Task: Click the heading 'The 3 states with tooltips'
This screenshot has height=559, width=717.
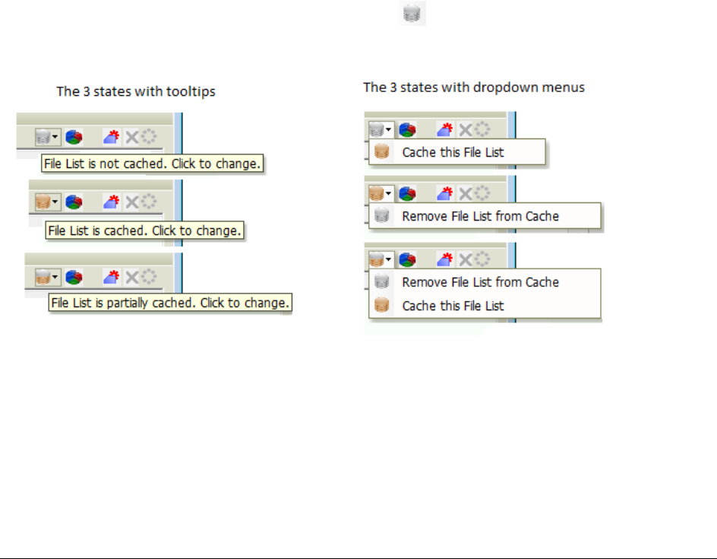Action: [x=136, y=92]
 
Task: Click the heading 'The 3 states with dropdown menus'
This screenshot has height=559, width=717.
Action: [x=474, y=87]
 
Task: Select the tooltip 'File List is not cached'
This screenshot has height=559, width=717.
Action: [x=153, y=164]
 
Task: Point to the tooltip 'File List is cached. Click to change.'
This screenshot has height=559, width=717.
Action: [x=144, y=230]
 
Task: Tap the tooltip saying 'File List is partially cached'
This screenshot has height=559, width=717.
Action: [x=170, y=303]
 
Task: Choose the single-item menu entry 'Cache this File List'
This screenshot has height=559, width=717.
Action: [x=453, y=152]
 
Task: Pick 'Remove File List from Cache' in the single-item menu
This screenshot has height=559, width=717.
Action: [x=480, y=216]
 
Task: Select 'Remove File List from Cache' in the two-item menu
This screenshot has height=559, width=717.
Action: [x=480, y=282]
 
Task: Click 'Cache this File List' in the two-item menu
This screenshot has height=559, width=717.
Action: [x=453, y=306]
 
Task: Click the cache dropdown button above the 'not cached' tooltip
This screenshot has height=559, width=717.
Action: [x=47, y=137]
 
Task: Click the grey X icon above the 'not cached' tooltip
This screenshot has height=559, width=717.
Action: [x=131, y=137]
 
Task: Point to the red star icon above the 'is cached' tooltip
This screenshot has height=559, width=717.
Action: [x=112, y=202]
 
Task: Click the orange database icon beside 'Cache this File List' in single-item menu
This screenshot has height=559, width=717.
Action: [x=383, y=152]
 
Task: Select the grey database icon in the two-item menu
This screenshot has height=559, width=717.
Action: [x=383, y=282]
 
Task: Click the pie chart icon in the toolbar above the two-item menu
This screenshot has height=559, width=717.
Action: [x=407, y=259]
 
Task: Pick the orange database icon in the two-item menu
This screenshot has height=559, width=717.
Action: [x=383, y=306]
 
